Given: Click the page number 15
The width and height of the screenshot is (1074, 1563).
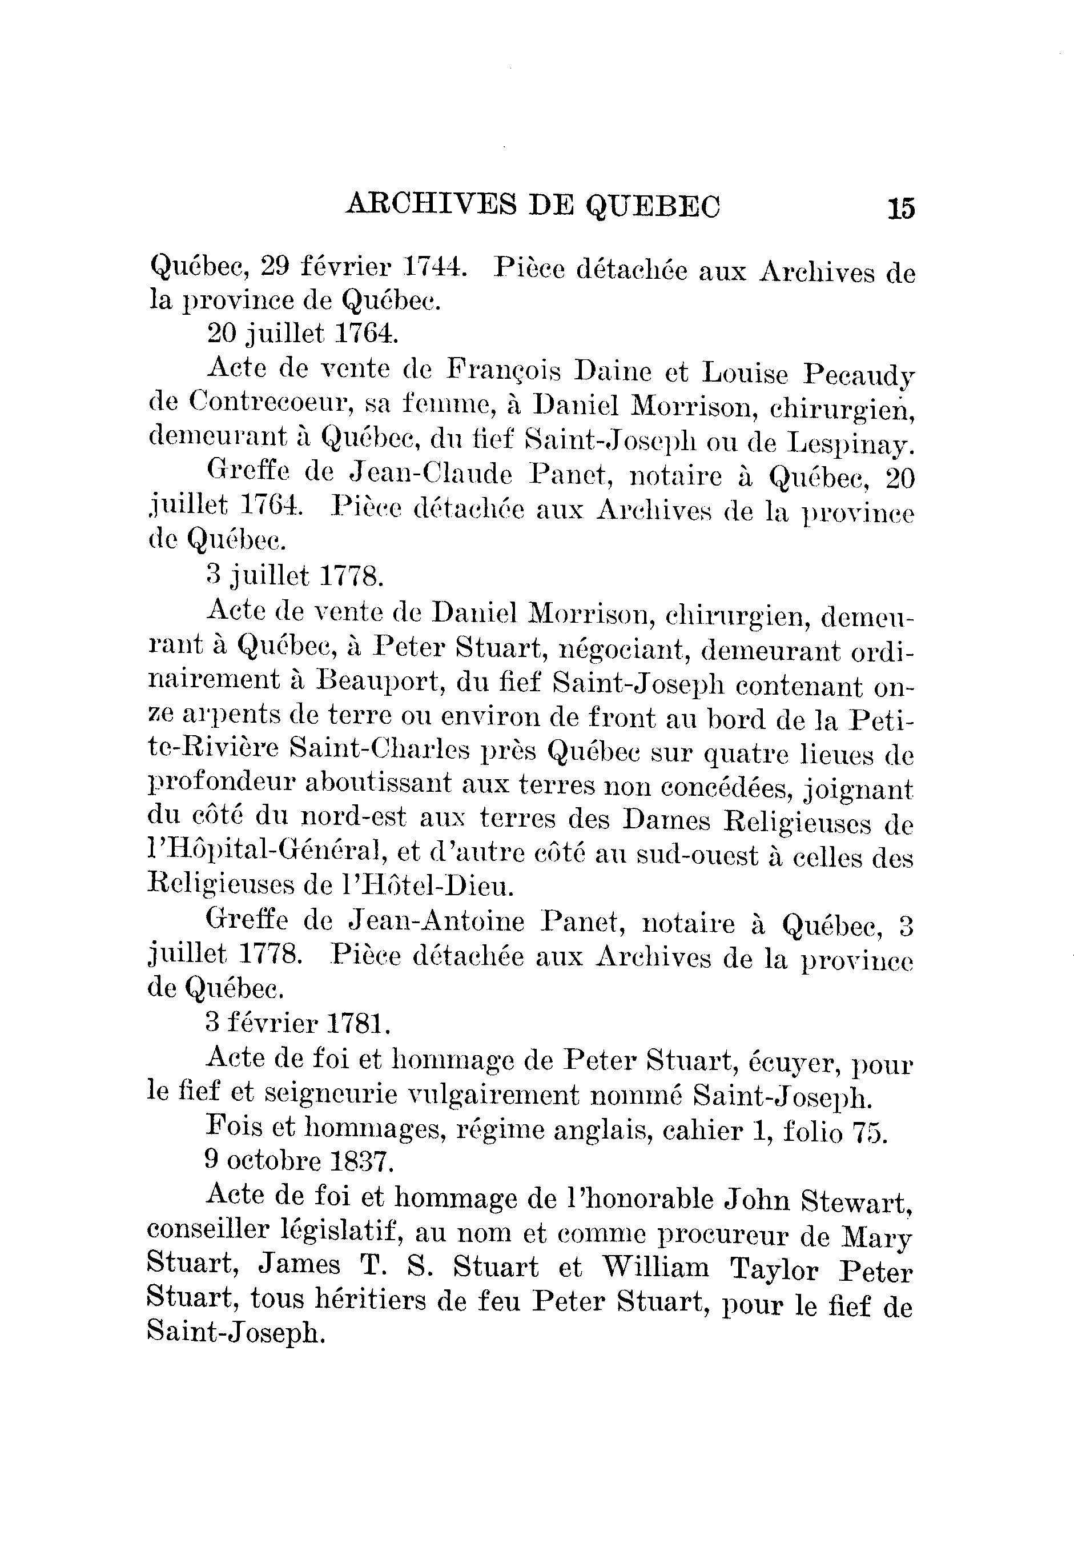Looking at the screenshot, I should (x=900, y=208).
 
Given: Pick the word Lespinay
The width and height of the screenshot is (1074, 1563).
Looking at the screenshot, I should (x=851, y=442).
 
